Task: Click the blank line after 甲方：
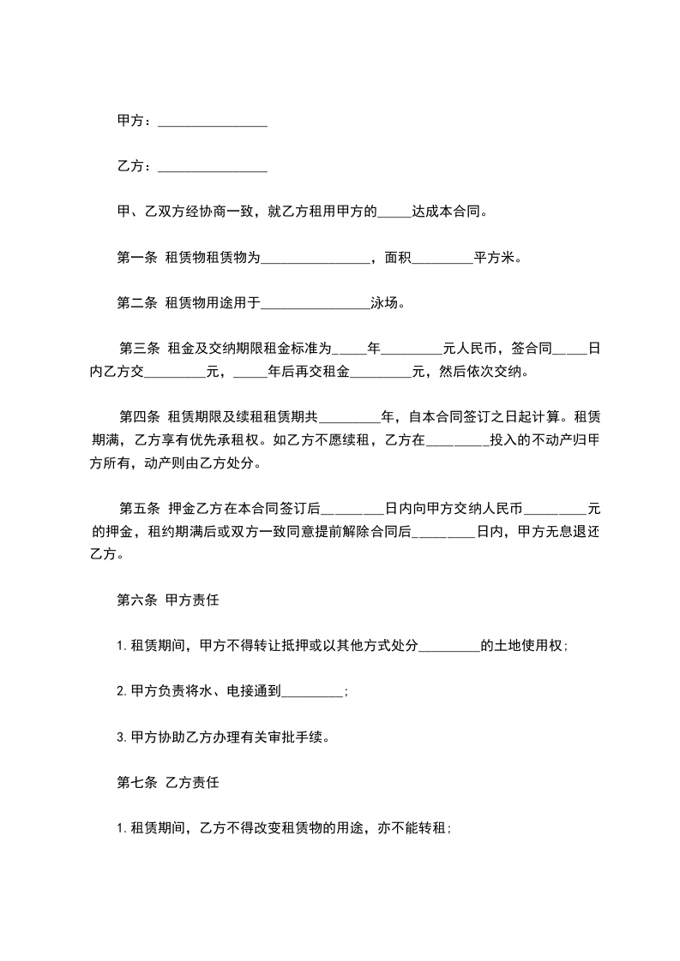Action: pyautogui.click(x=213, y=122)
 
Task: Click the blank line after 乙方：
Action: pyautogui.click(x=213, y=167)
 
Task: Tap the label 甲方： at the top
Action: pyautogui.click(x=135, y=122)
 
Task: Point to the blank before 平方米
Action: pyautogui.click(x=442, y=256)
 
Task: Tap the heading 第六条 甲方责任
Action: pyautogui.click(x=168, y=600)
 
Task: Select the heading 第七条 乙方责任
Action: pyautogui.click(x=168, y=783)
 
